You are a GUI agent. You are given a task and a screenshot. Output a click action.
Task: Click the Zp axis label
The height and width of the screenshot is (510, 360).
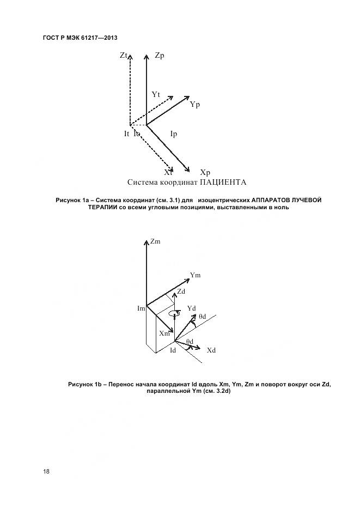tap(160, 56)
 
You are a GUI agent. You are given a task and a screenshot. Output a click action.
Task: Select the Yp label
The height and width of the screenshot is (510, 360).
tap(195, 105)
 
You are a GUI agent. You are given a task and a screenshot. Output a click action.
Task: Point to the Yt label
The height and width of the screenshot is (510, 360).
tap(156, 95)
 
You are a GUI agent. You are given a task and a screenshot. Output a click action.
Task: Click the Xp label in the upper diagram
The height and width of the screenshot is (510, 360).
tap(205, 173)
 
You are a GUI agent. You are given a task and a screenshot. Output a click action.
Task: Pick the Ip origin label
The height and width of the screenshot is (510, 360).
tap(174, 134)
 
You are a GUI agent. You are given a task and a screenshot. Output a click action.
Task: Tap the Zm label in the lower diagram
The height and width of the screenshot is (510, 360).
tap(155, 241)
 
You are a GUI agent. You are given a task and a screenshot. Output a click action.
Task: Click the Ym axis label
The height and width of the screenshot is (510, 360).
tap(196, 275)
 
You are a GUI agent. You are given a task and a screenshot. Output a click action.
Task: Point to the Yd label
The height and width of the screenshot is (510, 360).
tap(191, 308)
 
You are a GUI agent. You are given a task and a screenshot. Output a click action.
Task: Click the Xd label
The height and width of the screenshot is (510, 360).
tap(211, 350)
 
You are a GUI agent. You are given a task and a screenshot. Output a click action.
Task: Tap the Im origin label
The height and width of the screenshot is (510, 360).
tap(141, 309)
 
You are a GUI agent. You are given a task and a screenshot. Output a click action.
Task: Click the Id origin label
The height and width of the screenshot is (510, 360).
tap(173, 350)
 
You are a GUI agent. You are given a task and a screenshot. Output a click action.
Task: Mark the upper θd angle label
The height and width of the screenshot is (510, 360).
tap(202, 316)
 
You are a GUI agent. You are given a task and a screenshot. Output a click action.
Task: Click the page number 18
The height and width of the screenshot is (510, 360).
tap(46, 472)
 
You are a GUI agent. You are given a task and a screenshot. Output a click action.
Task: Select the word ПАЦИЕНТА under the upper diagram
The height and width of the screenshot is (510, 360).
tap(223, 182)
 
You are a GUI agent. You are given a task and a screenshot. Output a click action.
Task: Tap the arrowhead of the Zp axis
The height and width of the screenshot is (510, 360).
tap(147, 55)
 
